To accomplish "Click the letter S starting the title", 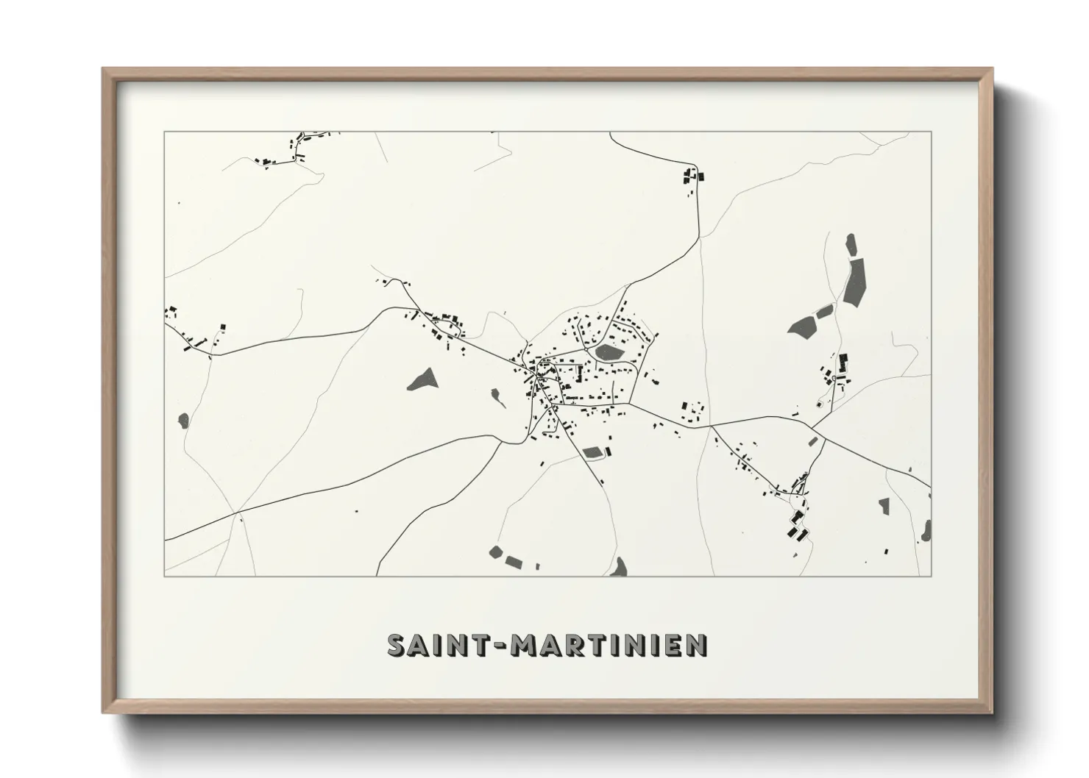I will (397, 645).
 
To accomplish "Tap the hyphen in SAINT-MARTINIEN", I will (503, 646).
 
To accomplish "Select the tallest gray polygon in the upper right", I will (856, 280).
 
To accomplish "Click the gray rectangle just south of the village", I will (592, 452).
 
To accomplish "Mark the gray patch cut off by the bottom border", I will (619, 567).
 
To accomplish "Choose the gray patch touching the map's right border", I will (927, 529).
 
